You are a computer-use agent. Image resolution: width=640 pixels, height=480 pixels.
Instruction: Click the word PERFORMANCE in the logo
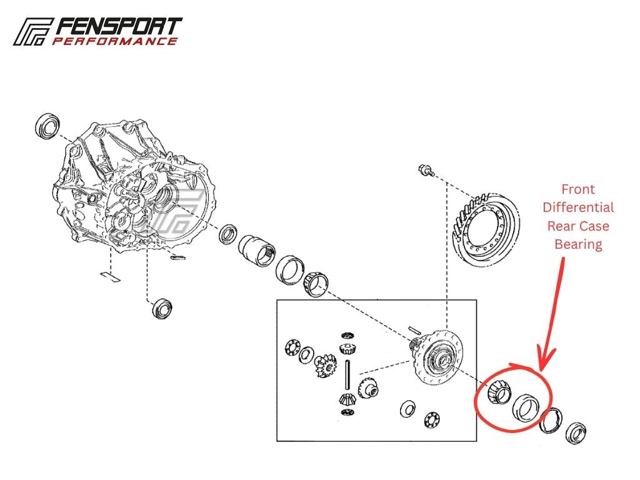coord(115,41)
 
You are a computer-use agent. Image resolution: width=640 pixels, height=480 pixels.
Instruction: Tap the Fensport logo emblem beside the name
coord(32,31)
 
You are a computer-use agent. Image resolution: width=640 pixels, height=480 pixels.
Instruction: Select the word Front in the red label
coord(578,189)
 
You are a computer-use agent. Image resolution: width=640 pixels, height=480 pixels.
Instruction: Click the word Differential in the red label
coord(578,207)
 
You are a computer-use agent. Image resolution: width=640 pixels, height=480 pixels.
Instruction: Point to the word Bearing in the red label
coord(578,244)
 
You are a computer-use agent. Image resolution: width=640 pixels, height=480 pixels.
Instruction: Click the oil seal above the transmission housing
coord(47,126)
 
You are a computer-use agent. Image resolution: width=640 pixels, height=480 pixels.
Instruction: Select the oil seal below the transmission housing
coord(162,309)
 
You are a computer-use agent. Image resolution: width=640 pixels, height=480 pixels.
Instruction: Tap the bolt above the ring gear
coord(426,170)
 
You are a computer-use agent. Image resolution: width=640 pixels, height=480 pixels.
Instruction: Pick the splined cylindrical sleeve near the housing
coord(257,251)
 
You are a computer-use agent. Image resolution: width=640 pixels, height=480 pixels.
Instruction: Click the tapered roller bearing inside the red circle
coord(499,392)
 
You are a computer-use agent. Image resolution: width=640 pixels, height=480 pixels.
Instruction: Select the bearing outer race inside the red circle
coord(526,407)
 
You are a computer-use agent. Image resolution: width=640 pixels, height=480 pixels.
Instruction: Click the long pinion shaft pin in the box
coord(347,375)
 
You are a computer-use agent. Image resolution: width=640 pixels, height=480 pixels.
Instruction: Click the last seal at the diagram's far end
coord(576,434)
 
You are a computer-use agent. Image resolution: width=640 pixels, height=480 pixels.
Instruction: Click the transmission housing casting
coord(135,186)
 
